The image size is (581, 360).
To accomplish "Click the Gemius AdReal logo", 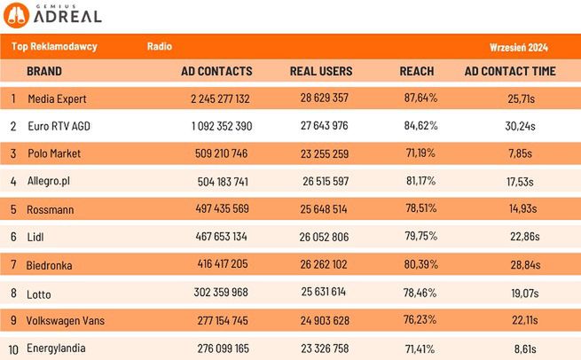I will [55, 14].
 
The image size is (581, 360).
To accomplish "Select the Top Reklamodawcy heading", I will [55, 46].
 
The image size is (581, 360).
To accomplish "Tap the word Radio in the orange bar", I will [160, 46].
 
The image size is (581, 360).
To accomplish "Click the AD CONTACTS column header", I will [216, 71].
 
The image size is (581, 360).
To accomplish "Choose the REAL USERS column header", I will [321, 71].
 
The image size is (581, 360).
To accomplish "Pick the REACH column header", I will [417, 71].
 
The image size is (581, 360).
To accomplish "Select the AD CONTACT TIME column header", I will [511, 71].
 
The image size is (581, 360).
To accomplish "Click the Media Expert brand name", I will [58, 98].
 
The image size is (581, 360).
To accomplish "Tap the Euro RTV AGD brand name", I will [59, 126].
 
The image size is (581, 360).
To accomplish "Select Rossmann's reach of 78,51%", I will [420, 208].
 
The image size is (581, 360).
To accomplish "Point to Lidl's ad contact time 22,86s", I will [520, 236].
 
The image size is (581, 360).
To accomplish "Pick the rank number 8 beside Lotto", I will [13, 292].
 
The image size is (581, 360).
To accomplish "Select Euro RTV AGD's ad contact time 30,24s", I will [520, 126].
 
